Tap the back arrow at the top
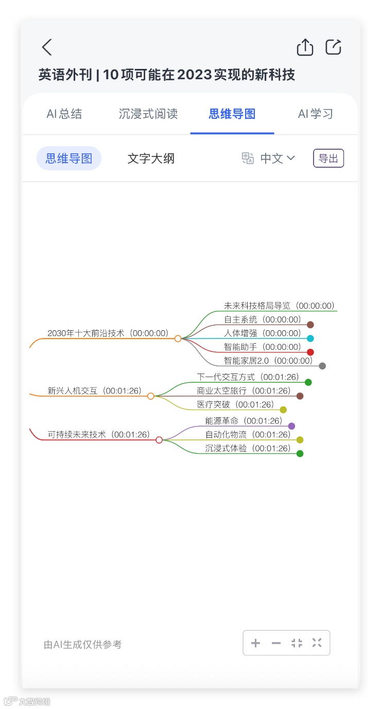47,47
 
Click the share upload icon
305,47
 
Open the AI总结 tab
64,114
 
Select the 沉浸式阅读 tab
148,114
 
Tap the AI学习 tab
316,114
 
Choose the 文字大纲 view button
151,158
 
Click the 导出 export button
328,158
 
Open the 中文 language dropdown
277,158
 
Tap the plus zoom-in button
255,643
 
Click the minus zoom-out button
276,643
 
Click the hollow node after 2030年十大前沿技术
178,339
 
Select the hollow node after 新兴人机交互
151,396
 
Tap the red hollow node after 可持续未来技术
159,440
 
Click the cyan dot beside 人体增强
310,339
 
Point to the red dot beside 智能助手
310,352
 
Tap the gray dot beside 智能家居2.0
322,366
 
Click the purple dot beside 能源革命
291,426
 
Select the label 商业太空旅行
221,391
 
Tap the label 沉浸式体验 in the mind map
226,448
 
